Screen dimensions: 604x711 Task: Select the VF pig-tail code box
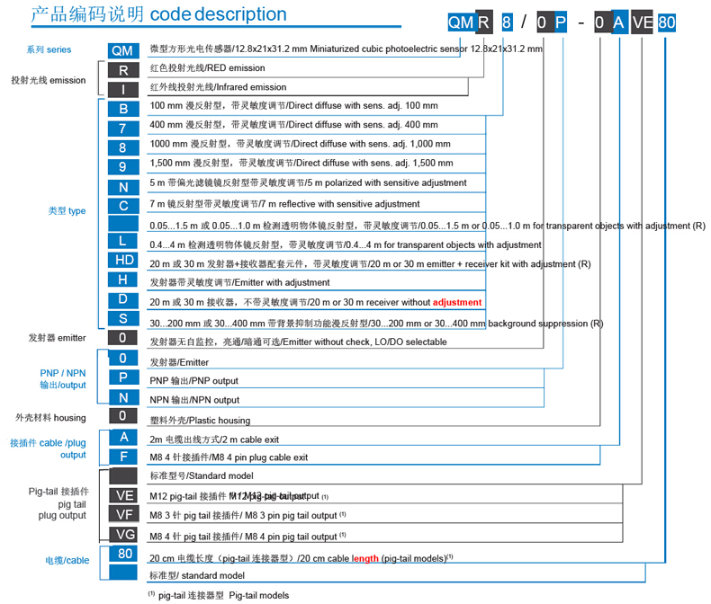[x=123, y=514]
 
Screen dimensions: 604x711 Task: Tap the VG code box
[x=123, y=535]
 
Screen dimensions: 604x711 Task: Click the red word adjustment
[x=457, y=302]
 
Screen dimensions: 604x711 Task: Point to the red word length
[x=365, y=557]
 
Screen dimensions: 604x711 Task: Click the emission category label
[x=49, y=80]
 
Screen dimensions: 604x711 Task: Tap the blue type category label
[x=67, y=210]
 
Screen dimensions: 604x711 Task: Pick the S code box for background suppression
[x=123, y=319]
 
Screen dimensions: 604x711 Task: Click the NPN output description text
[x=194, y=400]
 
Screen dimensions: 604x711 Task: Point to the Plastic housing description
[x=199, y=420]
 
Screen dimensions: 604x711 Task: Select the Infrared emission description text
[x=218, y=87]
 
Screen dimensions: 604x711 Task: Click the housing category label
[x=50, y=417]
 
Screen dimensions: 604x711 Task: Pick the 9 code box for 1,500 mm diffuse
[x=123, y=163]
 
